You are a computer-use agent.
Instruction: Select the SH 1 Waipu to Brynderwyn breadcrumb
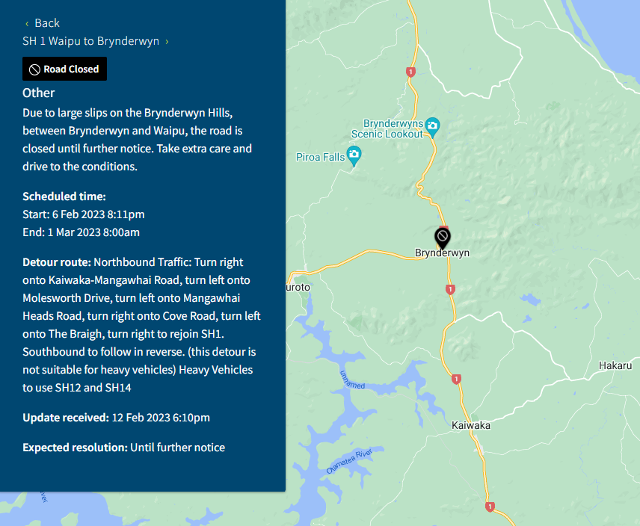click(x=91, y=41)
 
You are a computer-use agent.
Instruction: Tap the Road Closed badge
click(x=65, y=69)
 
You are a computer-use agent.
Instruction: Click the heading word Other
click(x=39, y=93)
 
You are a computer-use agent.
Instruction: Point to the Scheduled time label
click(x=64, y=197)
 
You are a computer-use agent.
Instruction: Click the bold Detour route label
click(x=57, y=262)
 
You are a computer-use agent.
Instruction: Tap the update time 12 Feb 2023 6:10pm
click(x=160, y=418)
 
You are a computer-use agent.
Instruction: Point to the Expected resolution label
click(x=75, y=448)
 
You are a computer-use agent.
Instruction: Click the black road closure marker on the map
click(x=442, y=238)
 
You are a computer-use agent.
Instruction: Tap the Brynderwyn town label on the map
click(x=443, y=253)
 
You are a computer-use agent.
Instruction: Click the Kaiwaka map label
click(x=471, y=425)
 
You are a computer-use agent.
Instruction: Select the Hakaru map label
click(x=615, y=365)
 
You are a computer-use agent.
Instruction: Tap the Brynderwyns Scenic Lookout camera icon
click(x=432, y=124)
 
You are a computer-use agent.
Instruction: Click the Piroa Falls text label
click(x=320, y=157)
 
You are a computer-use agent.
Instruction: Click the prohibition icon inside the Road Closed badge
click(x=34, y=69)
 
